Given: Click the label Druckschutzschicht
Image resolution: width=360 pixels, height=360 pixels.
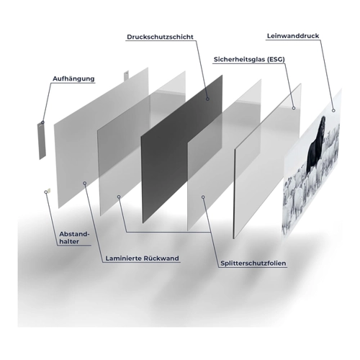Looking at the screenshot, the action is pos(160,37).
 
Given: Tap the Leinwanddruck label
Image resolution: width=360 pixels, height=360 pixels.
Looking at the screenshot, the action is pos(293,36).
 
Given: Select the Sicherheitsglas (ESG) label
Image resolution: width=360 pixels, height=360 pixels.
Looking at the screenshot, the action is pos(249,60).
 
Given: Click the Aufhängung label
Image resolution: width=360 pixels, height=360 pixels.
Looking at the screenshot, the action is pos(73,78).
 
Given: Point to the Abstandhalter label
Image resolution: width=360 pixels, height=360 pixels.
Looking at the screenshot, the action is pos(74,238).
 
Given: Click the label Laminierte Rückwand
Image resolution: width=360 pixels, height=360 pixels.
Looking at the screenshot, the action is pos(142,258).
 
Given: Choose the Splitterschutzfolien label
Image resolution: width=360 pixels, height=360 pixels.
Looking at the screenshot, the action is pos(253,264).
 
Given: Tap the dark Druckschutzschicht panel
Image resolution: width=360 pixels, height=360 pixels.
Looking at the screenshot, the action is pos(181,149).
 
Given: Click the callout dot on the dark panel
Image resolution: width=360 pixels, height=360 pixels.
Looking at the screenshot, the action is pos(207,99).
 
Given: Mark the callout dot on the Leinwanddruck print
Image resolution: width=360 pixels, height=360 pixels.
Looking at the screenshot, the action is pos(333,110).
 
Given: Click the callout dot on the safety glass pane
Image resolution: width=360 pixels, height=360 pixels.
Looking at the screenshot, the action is pos(294,108).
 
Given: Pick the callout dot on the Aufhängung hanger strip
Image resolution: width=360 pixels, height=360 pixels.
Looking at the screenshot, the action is pos(42,122).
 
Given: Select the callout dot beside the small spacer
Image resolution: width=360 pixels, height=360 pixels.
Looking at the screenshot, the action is pos(46,192).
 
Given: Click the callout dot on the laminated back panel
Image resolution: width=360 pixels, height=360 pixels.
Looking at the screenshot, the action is pos(84,183).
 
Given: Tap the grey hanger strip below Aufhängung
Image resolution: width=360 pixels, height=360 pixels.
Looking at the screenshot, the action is pos(41,140).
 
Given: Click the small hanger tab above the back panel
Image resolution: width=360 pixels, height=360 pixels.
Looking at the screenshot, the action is pos(126,76).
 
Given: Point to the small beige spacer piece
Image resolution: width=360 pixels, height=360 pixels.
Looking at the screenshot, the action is pos(49,190).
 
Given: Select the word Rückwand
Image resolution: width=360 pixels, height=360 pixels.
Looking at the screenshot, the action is pos(161,258).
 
